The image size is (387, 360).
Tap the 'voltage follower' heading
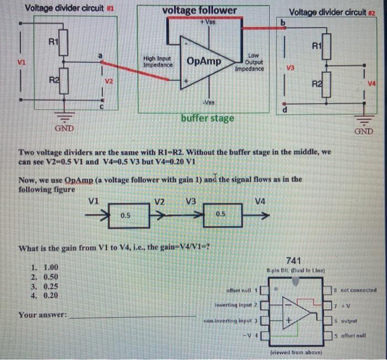[200, 10]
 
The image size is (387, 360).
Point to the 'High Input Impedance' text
[156, 61]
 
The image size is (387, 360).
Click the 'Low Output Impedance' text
[250, 62]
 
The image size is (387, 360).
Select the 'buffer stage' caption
[207, 118]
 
